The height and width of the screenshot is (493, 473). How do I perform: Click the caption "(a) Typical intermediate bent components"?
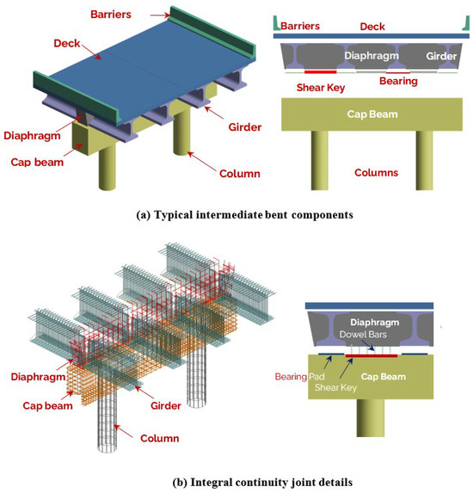tap(236, 215)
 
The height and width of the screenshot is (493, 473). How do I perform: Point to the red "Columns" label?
tap(376, 173)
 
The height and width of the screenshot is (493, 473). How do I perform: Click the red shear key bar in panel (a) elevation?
tap(320, 71)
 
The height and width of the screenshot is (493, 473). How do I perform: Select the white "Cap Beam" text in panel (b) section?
tap(395, 377)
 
